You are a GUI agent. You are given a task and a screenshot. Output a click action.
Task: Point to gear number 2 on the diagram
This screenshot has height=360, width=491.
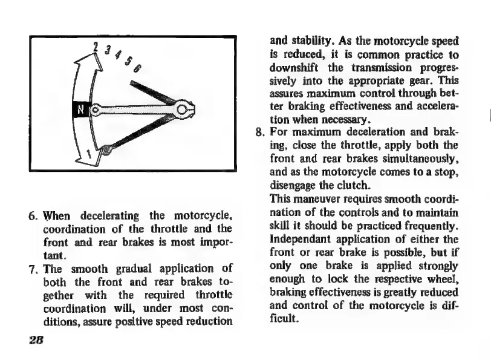pyautogui.click(x=96, y=47)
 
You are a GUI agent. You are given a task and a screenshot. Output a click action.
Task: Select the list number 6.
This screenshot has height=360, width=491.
pyautogui.click(x=35, y=215)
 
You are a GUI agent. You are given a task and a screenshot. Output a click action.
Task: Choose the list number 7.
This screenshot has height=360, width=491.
pyautogui.click(x=35, y=269)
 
